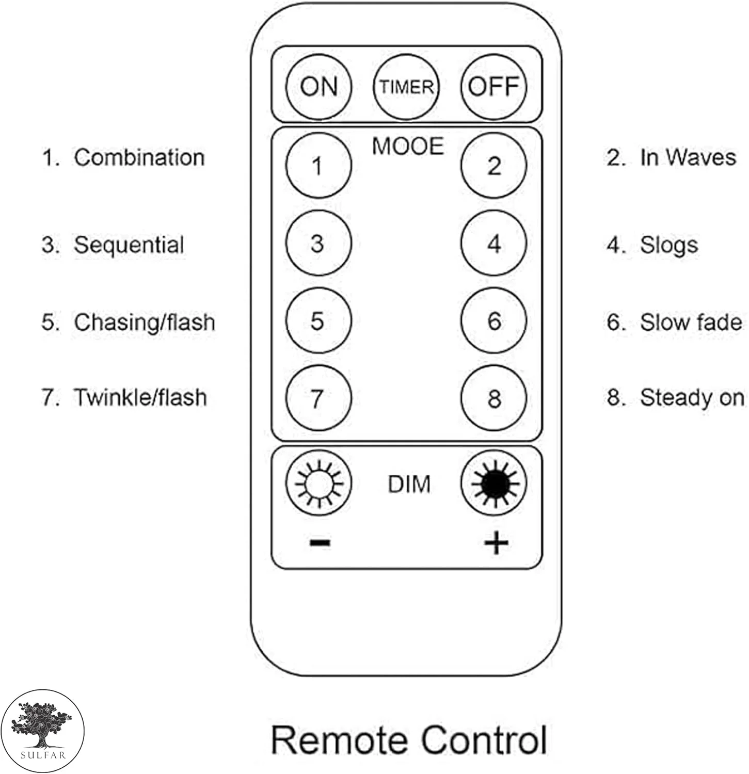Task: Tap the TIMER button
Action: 406,87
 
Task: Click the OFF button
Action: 493,87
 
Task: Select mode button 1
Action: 318,166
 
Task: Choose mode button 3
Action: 318,243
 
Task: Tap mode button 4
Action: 493,243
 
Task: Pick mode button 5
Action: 318,320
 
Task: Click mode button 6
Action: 493,320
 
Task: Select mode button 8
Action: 493,398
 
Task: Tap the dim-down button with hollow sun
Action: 318,483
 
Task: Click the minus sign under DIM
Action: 320,542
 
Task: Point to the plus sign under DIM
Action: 496,543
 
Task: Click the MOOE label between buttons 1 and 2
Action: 407,147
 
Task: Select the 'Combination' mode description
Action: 139,157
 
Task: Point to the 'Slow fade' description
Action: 691,322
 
